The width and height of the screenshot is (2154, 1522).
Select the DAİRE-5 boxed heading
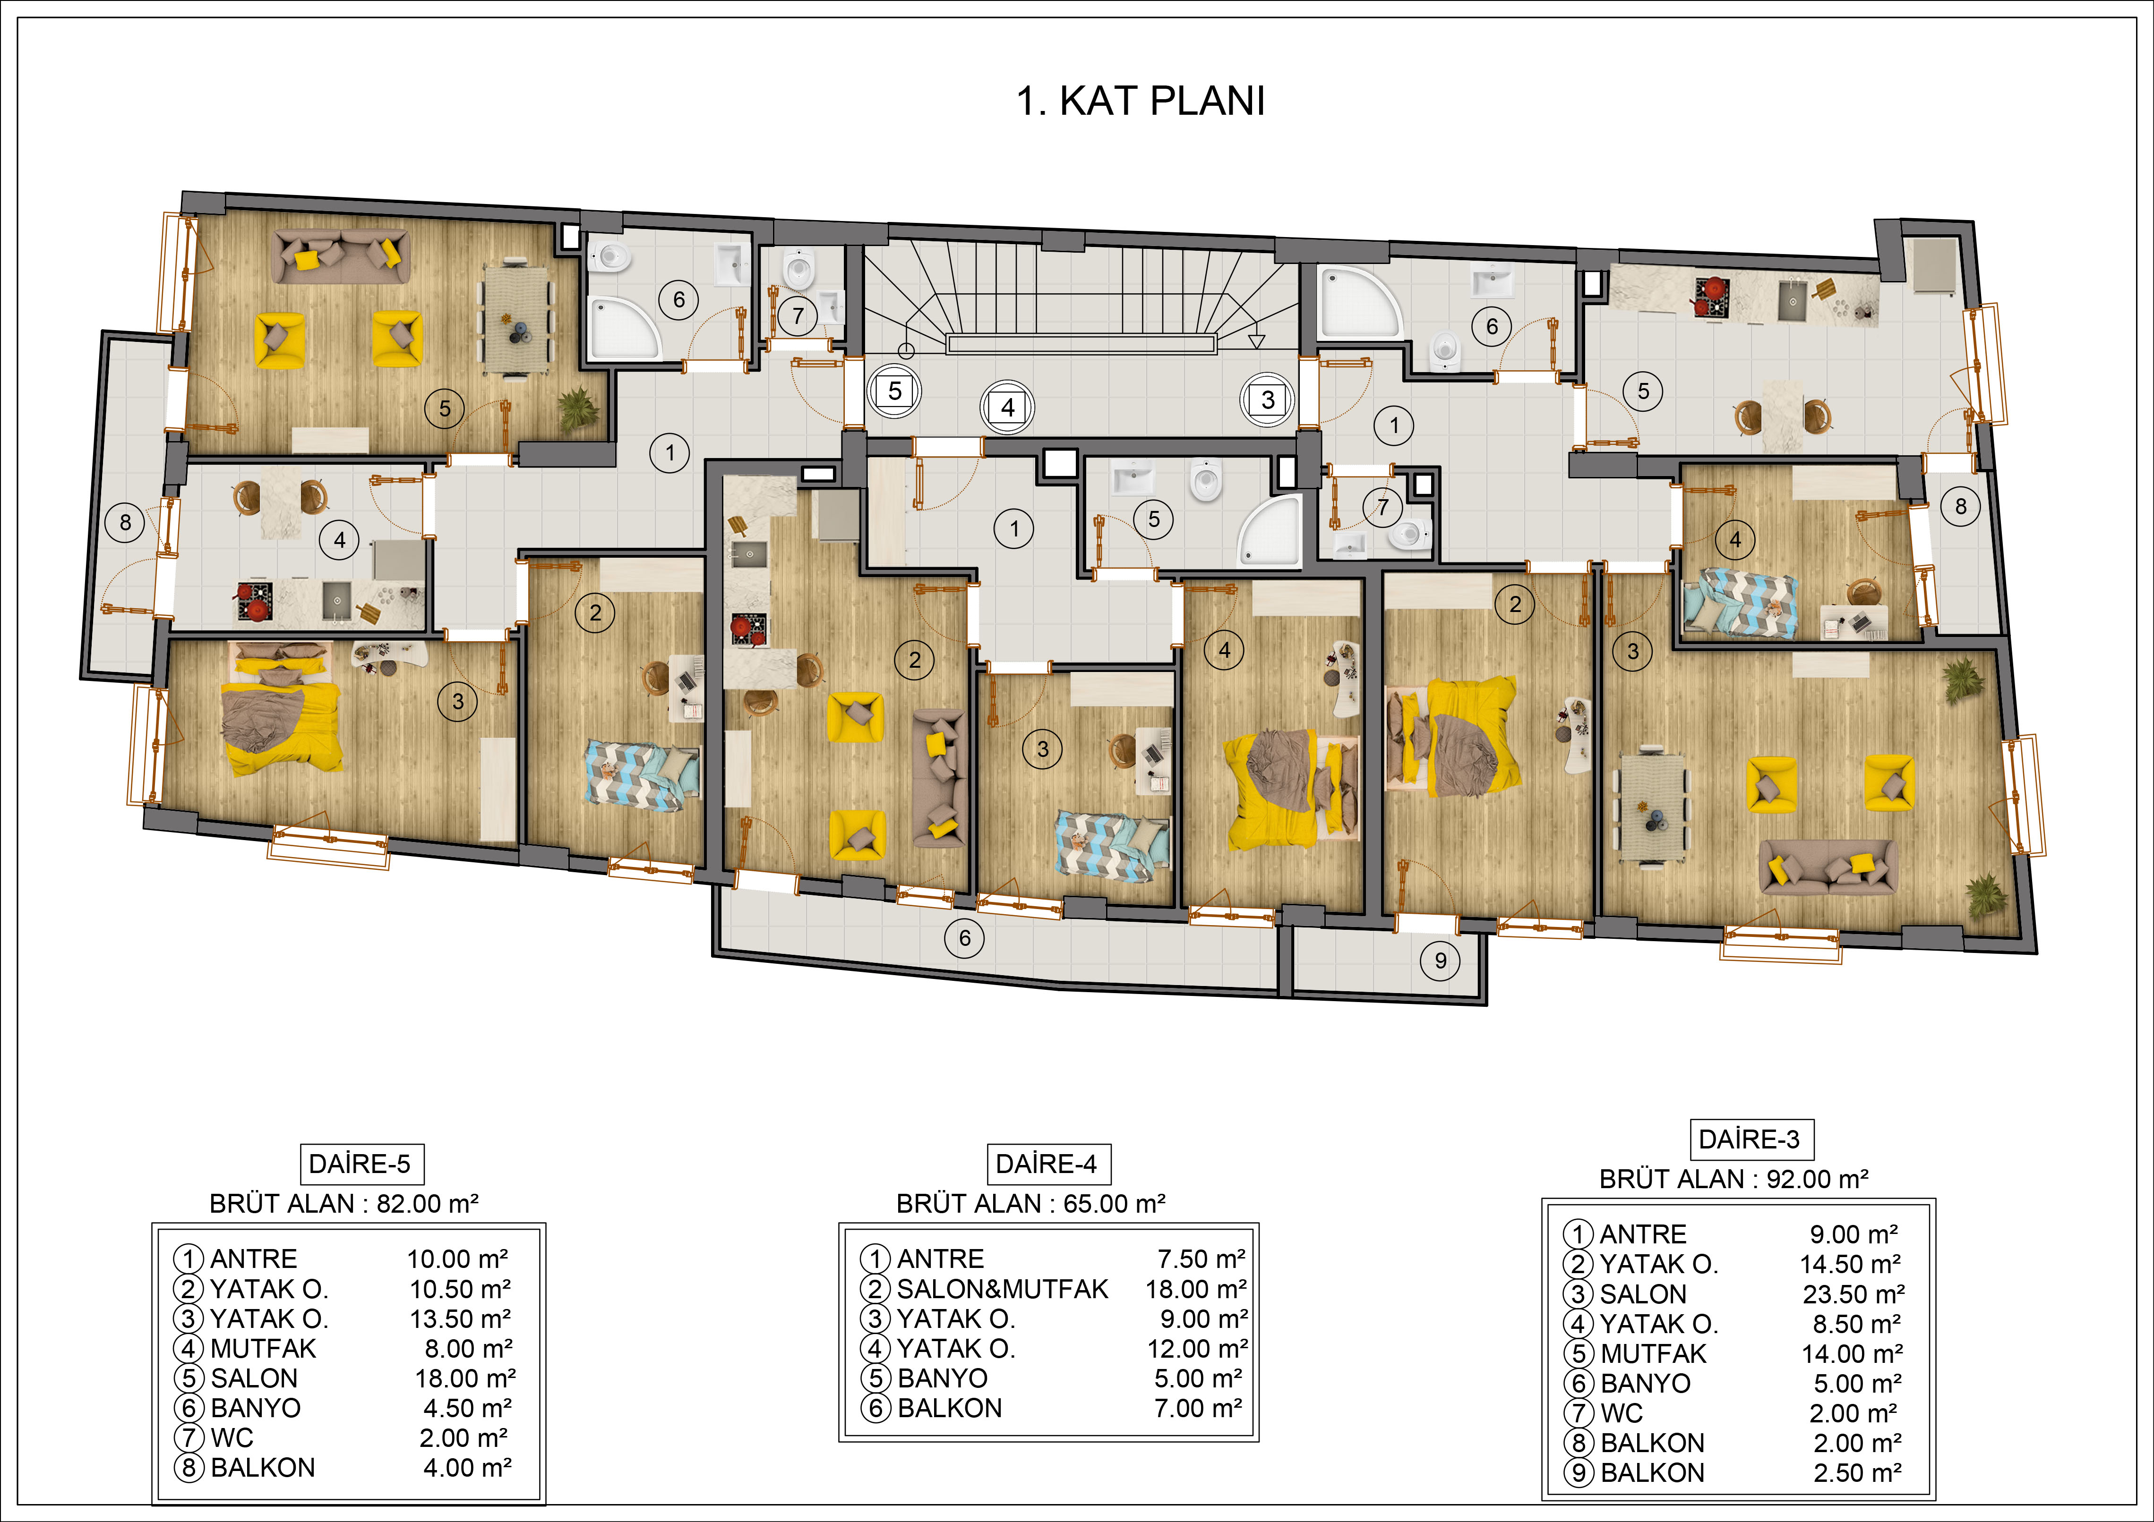[360, 1164]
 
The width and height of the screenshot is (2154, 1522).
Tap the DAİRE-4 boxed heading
[1047, 1164]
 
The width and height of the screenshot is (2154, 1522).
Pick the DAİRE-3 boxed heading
[1750, 1139]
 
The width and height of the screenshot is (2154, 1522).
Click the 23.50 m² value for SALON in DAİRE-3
[1853, 1294]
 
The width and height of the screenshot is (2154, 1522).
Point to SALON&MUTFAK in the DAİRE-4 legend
[1002, 1289]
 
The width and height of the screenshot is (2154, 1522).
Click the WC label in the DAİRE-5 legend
[232, 1437]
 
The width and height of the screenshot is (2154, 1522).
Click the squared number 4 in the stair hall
[1008, 408]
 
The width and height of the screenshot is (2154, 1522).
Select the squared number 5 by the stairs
[895, 391]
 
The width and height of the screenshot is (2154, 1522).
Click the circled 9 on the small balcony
[1440, 960]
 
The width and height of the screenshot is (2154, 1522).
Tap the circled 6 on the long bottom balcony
[964, 938]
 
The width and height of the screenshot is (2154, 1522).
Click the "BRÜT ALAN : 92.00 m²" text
[1733, 1179]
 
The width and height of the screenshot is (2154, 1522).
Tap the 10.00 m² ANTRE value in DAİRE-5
[457, 1258]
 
